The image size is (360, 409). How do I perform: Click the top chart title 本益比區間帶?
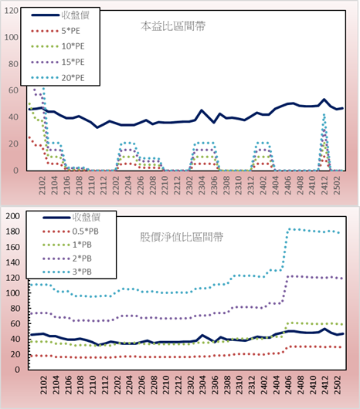[x=173, y=26]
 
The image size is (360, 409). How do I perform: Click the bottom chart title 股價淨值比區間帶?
[x=182, y=237]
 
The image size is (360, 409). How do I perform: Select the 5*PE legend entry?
[x=56, y=31]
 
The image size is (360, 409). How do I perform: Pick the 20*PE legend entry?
[x=58, y=78]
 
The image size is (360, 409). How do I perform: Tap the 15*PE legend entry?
[x=58, y=62]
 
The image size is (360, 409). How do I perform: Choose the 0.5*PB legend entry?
[x=70, y=232]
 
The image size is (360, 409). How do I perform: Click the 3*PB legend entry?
[x=67, y=272]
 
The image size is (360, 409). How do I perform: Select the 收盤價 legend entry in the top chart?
[x=60, y=15]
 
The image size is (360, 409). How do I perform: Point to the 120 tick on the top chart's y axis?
[x=12, y=11]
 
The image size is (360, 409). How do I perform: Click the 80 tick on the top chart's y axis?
[x=13, y=64]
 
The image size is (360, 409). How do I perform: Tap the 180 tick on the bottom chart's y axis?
[x=13, y=232]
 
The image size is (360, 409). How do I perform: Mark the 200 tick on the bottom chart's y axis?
[x=13, y=216]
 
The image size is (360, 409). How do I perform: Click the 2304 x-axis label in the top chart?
[x=202, y=185]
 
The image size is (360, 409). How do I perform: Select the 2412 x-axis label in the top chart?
[x=324, y=185]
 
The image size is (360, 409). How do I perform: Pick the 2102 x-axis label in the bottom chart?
[x=43, y=385]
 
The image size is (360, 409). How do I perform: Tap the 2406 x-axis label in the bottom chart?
[x=288, y=385]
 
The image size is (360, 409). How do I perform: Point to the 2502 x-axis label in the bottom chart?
[x=338, y=385]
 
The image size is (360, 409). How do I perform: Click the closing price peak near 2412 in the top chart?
[x=324, y=100]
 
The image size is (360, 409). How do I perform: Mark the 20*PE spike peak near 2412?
[x=324, y=115]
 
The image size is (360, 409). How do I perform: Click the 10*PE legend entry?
[x=58, y=46]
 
